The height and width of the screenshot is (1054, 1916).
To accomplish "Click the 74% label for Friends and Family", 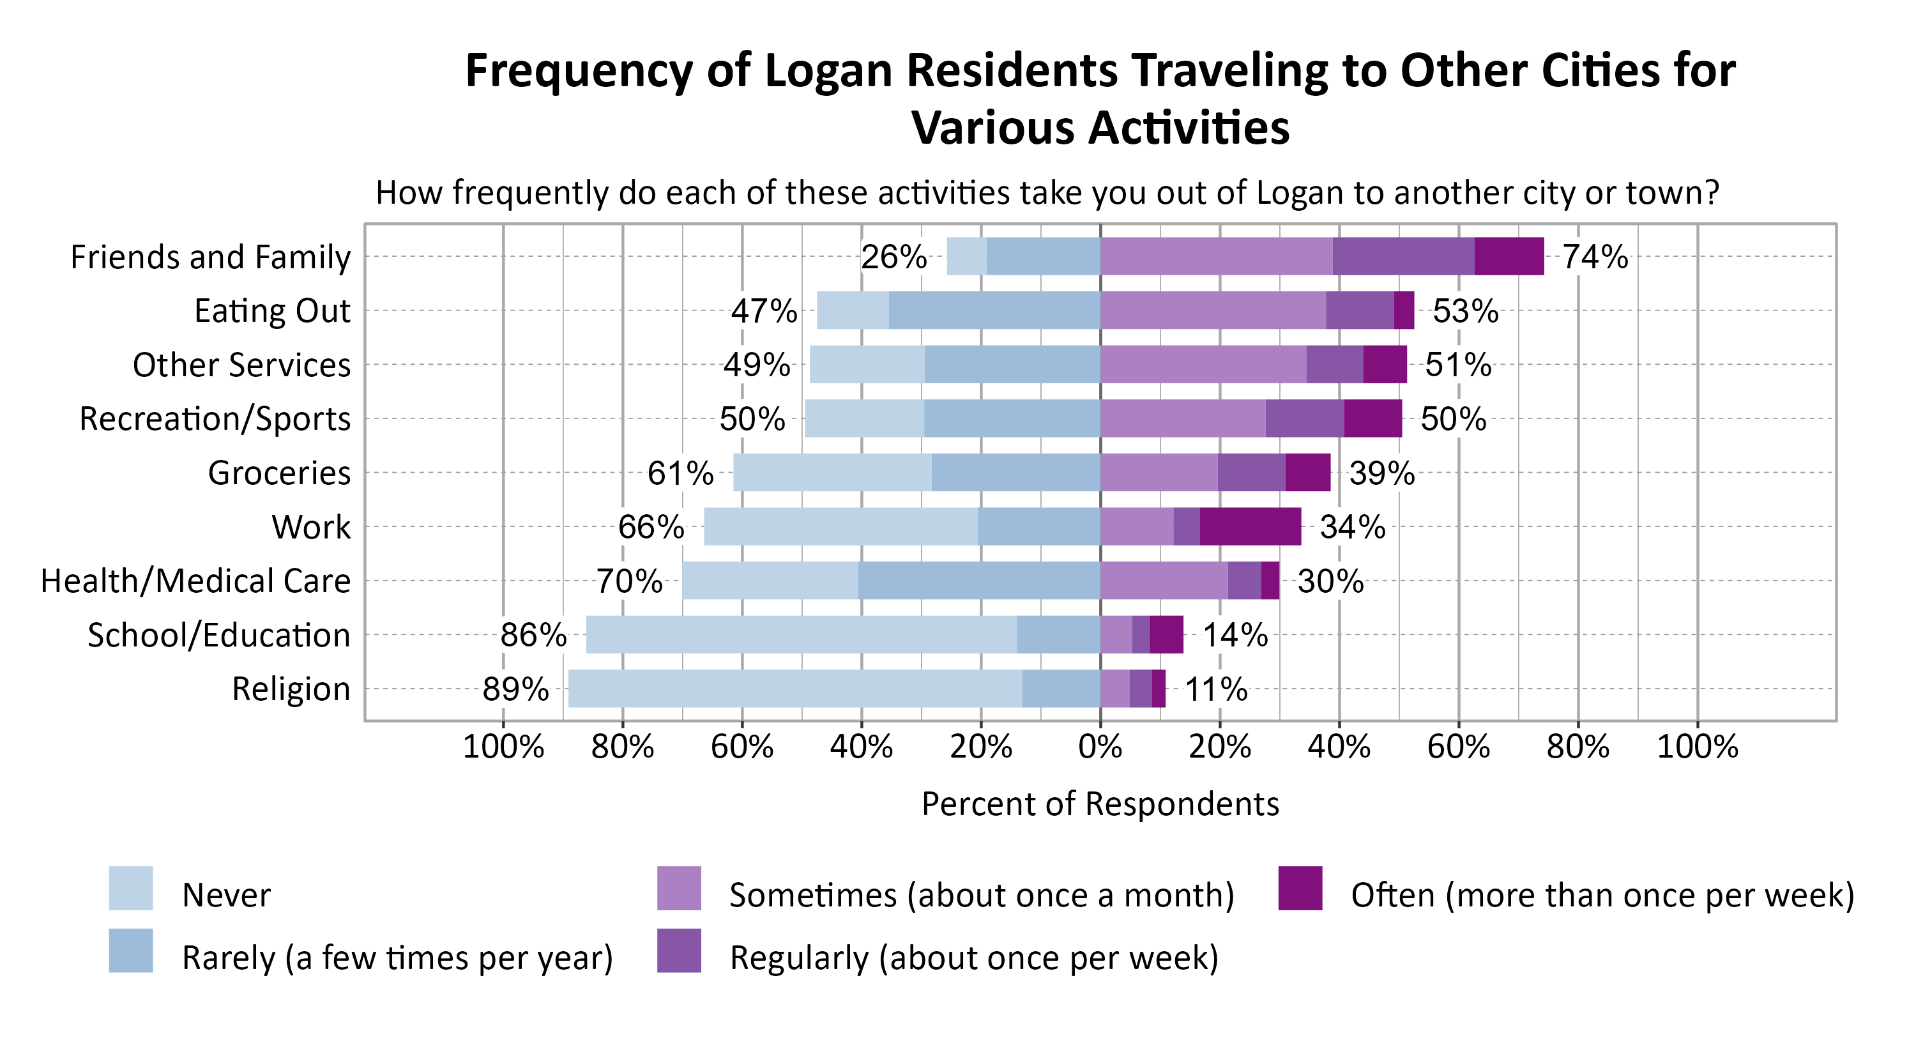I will pos(1595,257).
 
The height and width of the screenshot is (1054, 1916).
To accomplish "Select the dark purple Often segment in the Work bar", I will pos(1250,526).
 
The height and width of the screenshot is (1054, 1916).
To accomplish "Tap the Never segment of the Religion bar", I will pos(795,689).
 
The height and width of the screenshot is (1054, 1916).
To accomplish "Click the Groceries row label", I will pos(279,473).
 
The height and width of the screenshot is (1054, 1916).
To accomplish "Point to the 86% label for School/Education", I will pos(533,635).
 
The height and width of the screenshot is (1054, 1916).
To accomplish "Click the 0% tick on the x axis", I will pos(1100,746).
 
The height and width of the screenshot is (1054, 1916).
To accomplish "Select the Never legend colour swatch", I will pos(131,888).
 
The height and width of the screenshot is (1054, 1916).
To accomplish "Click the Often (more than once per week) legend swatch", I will pos(1300,888).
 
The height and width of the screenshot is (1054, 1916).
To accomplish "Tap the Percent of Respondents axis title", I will pos(1100,804).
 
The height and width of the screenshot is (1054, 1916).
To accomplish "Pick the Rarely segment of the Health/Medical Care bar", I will pos(979,581).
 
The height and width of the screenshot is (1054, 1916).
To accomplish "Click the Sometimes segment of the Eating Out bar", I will pos(1212,310).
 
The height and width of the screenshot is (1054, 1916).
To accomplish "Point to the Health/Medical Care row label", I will pos(195,581).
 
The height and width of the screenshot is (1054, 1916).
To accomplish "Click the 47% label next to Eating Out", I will pos(764,311).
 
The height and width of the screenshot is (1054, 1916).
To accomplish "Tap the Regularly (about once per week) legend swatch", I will pos(679,951).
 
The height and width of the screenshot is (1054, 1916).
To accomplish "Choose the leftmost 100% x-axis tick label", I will pos(503,746).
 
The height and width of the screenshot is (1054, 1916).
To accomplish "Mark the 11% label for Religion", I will pos(1216,689).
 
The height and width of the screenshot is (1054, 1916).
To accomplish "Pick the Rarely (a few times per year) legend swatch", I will pos(131,951).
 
